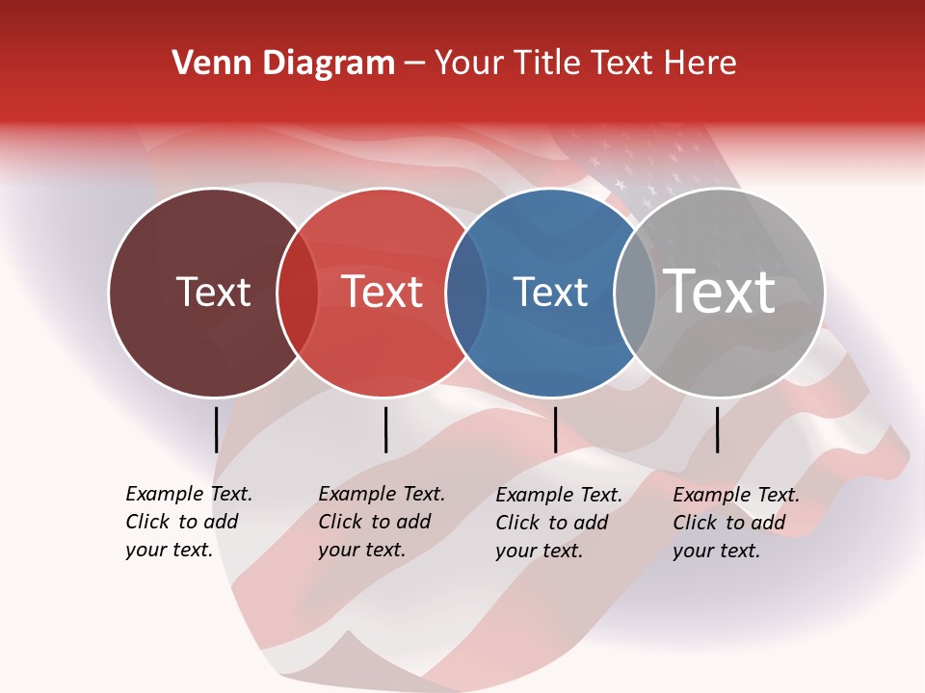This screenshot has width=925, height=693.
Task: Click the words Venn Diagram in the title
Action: click(283, 64)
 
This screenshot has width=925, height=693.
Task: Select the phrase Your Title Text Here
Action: click(585, 64)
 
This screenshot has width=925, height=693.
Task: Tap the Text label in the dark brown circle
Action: click(213, 292)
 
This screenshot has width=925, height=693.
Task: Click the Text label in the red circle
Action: click(383, 292)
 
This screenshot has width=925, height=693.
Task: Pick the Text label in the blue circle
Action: click(550, 292)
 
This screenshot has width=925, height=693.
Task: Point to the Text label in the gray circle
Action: click(720, 291)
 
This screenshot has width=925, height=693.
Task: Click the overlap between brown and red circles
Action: click(298, 293)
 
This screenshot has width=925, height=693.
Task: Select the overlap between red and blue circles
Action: click(466, 293)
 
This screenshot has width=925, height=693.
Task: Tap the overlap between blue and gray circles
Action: click(634, 293)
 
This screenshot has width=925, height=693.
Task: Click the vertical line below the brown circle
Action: click(216, 429)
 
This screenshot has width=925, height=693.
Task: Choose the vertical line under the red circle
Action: click(385, 429)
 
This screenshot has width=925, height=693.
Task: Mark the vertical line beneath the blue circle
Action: click(555, 429)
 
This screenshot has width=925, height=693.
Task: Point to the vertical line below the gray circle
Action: click(717, 429)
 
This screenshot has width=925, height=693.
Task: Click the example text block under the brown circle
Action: click(189, 522)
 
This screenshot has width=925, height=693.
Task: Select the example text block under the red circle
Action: click(382, 522)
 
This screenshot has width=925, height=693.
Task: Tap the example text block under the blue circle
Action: click(559, 523)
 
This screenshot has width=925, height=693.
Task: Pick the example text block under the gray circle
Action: click(736, 523)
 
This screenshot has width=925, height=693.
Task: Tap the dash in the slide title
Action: click(414, 64)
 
